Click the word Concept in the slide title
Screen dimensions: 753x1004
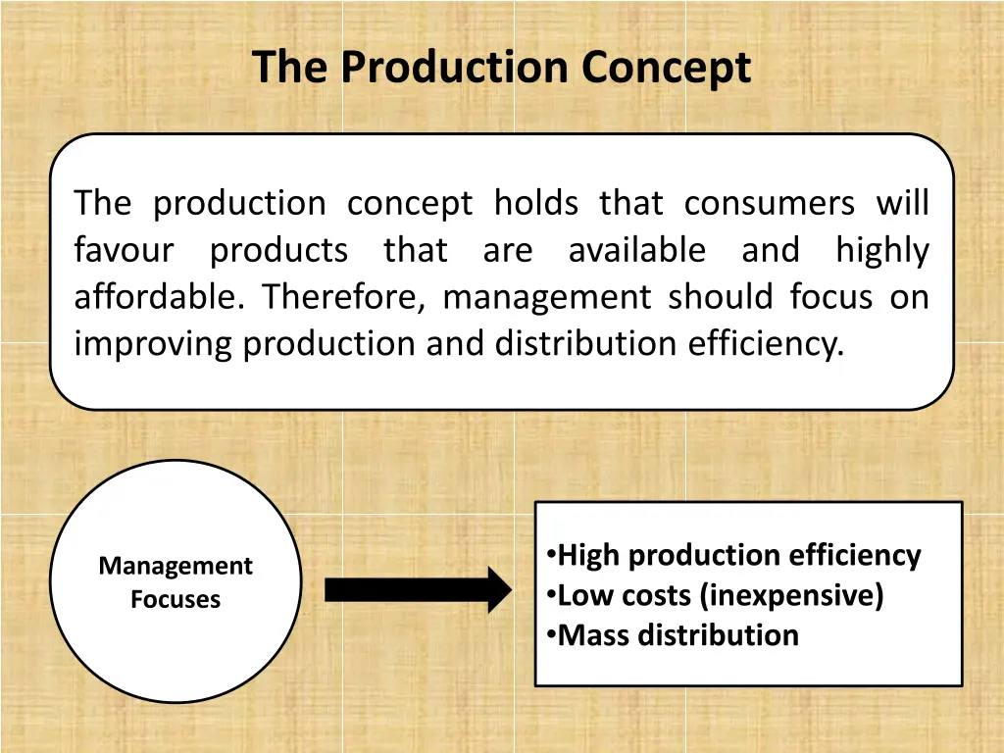(666, 68)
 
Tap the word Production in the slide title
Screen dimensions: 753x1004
(457, 68)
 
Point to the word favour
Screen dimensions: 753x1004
(124, 250)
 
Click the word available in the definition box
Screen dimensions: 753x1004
(636, 250)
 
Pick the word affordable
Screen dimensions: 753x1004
(158, 296)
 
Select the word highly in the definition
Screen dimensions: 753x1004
(881, 250)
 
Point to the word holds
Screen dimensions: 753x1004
(535, 203)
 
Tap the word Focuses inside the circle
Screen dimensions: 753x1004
(176, 599)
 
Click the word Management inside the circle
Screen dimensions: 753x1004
(176, 566)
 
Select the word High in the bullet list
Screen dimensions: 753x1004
(588, 556)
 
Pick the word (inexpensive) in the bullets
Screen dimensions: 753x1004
(791, 595)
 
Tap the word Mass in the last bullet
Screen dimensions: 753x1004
(593, 634)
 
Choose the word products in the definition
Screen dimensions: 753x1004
(278, 250)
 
